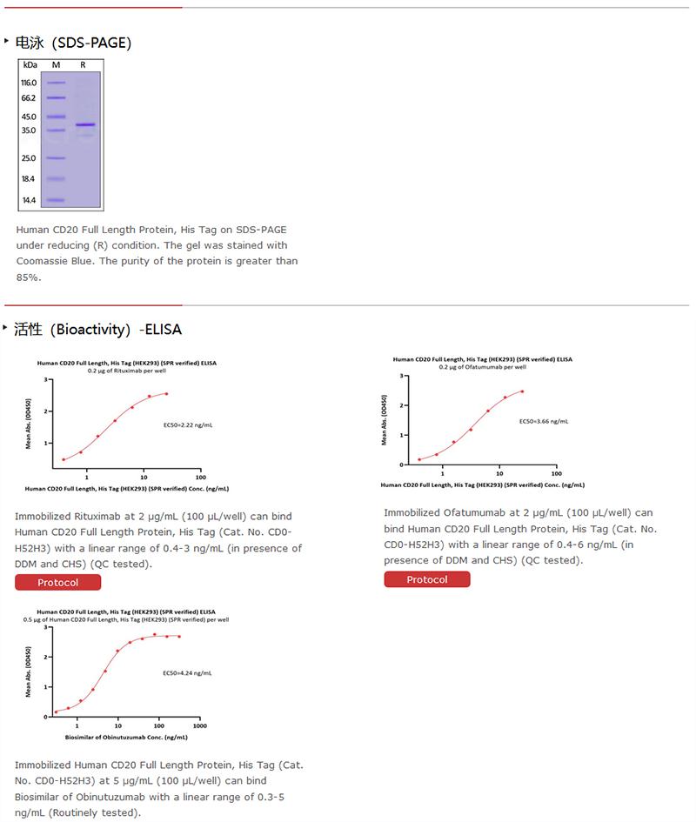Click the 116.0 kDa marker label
click(x=29, y=83)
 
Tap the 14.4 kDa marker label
click(x=29, y=200)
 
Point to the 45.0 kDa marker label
click(x=29, y=117)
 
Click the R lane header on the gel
click(x=84, y=65)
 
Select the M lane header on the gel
click(x=56, y=65)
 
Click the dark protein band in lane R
click(x=84, y=125)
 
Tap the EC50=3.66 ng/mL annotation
click(x=544, y=421)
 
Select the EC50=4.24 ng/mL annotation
click(x=187, y=673)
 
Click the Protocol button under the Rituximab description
click(x=57, y=582)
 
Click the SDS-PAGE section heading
click(x=73, y=43)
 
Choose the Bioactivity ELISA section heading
click(x=97, y=329)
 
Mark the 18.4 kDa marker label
click(x=29, y=179)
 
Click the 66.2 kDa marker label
click(x=29, y=97)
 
